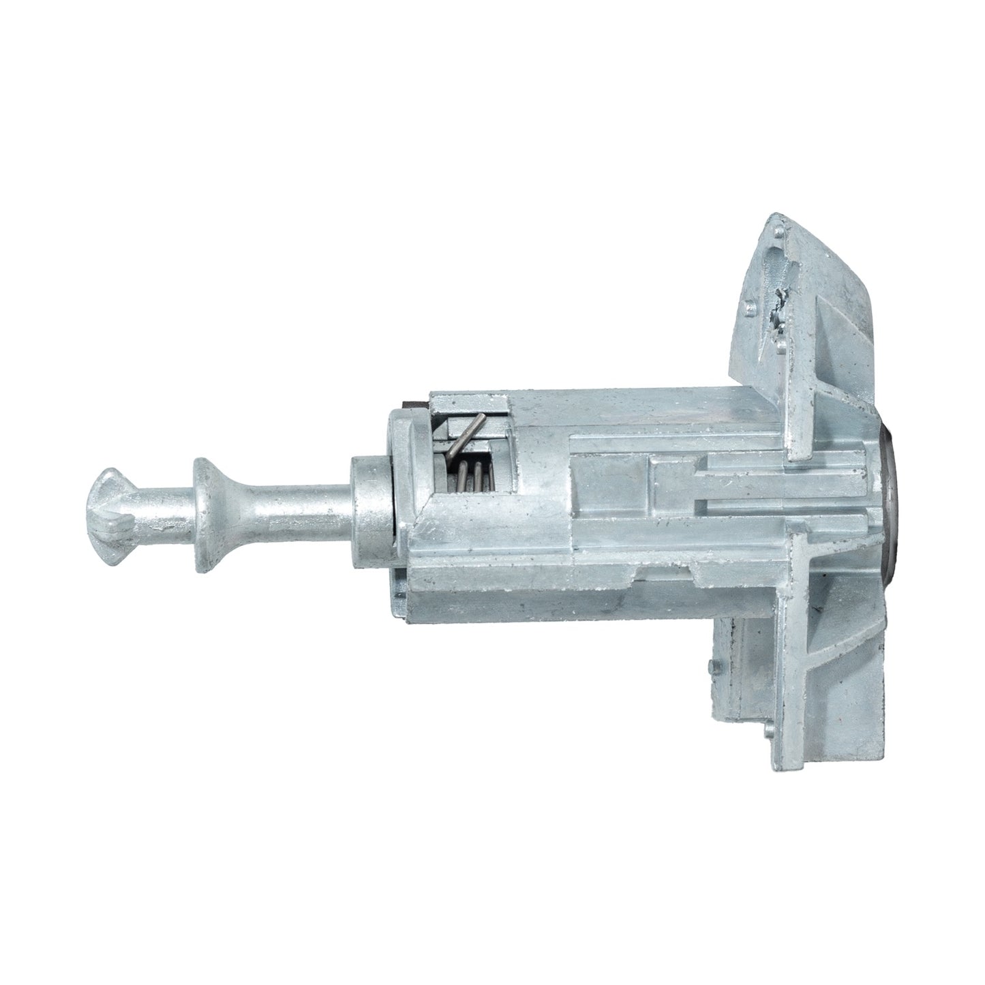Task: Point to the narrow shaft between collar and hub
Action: pyautogui.click(x=300, y=505)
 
